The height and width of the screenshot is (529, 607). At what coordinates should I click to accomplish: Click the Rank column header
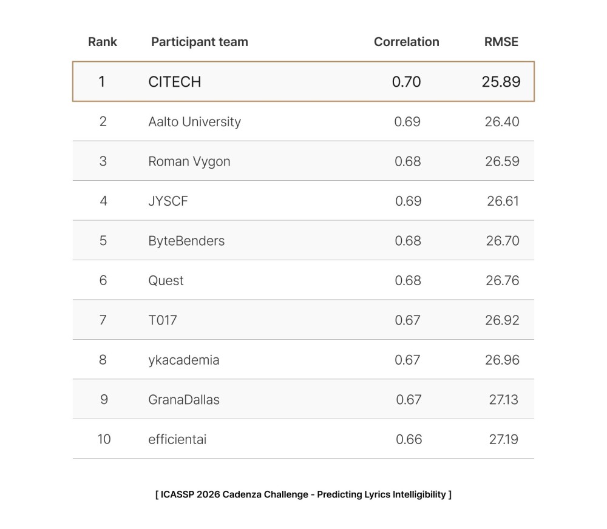(103, 42)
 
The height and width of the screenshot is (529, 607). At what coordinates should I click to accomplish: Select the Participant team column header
(199, 42)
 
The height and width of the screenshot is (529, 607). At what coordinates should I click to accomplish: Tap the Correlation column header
(406, 42)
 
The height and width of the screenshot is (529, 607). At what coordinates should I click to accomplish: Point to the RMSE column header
(501, 42)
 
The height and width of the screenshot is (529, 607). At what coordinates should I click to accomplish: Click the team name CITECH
(174, 82)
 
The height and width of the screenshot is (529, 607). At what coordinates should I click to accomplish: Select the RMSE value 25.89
(501, 82)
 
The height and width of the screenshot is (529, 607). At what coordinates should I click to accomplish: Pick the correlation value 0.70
(406, 82)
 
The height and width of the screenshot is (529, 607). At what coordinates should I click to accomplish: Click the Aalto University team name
(194, 122)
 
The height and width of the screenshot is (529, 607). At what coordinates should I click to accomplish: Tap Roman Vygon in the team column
(189, 161)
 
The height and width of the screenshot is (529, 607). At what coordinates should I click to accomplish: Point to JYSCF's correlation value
(408, 201)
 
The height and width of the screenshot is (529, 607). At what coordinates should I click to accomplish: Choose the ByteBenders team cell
(186, 241)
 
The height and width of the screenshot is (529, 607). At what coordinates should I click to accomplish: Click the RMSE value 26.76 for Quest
(502, 280)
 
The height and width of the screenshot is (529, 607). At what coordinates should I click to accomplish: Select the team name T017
(162, 320)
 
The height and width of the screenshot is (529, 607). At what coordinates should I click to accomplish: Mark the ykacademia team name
(183, 360)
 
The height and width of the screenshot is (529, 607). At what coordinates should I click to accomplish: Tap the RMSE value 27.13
(503, 400)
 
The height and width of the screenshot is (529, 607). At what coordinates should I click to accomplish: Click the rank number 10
(104, 439)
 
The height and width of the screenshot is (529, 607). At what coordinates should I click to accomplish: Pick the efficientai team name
(177, 439)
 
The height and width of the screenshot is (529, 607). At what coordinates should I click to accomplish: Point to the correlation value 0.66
(409, 439)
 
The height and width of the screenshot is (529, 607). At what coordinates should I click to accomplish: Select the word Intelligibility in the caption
(416, 494)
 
